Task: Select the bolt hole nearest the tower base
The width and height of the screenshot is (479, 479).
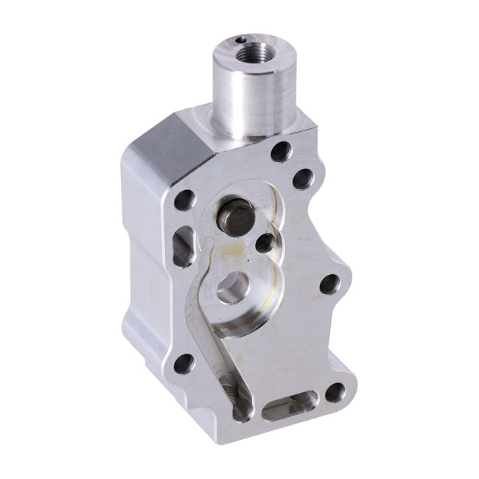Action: [281, 152]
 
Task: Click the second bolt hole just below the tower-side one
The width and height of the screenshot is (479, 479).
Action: [303, 178]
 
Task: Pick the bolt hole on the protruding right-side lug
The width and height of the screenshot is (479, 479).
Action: [329, 284]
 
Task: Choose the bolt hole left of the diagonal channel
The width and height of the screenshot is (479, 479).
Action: [183, 363]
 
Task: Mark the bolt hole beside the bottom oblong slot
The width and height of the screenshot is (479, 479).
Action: [335, 392]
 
